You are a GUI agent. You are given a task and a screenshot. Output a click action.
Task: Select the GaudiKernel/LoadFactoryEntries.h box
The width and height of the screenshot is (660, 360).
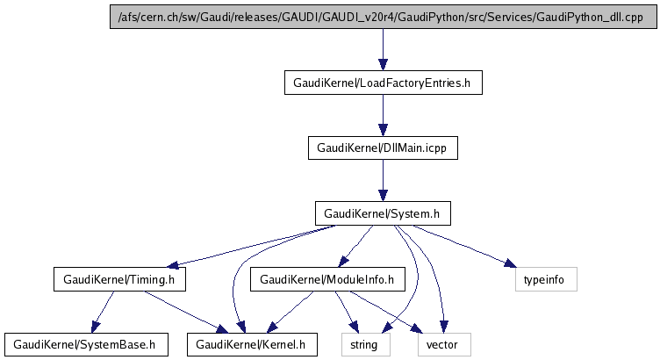(x=382, y=83)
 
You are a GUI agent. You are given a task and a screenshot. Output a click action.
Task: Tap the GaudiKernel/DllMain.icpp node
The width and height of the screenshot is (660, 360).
(x=382, y=148)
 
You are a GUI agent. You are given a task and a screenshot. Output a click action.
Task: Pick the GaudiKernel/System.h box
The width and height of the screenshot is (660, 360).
(x=382, y=213)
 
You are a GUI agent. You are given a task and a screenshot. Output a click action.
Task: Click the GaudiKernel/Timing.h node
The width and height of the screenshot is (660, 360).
(x=119, y=280)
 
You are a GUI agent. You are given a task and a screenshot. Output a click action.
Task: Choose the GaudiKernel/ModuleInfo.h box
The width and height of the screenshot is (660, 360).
(x=326, y=280)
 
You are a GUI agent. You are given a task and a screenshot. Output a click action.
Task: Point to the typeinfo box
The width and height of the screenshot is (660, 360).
(x=544, y=280)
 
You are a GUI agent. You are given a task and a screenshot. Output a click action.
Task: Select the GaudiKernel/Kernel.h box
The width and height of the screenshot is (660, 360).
(x=251, y=344)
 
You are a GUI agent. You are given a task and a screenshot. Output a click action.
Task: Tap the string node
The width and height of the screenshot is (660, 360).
(x=363, y=344)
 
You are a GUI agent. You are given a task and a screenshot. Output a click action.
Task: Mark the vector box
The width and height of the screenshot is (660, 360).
(x=442, y=344)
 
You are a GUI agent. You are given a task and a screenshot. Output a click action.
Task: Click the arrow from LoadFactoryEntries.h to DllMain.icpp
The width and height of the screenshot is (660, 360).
(x=382, y=115)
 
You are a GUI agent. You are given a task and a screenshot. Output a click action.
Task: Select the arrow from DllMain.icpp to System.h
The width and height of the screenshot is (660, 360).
(x=382, y=181)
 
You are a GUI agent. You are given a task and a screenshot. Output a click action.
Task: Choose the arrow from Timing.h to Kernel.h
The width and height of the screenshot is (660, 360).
(x=183, y=312)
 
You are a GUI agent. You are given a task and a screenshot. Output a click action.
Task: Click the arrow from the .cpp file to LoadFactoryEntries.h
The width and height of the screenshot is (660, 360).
(x=382, y=49)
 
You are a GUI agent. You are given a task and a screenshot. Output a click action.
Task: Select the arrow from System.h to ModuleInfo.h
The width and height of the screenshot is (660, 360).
(x=355, y=247)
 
